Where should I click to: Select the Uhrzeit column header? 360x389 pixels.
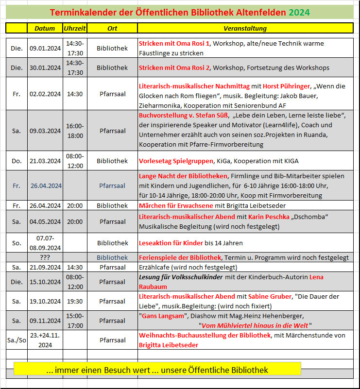[x=75, y=28]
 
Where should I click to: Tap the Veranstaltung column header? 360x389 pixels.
[x=245, y=28]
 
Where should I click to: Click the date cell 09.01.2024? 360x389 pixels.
[x=45, y=48]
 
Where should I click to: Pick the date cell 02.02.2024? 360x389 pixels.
[x=45, y=94]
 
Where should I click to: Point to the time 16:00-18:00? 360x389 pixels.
[x=75, y=131]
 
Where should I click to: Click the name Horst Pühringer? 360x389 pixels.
[x=290, y=86]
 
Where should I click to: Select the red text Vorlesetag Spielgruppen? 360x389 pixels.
[x=176, y=161]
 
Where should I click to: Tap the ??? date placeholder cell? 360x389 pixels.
[x=45, y=257]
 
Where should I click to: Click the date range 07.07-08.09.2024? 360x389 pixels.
[x=45, y=243]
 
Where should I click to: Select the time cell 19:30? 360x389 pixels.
[x=75, y=301]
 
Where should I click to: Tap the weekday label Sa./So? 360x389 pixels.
[x=17, y=340]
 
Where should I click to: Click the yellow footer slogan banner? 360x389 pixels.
[x=157, y=370]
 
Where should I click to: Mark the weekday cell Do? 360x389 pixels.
[x=17, y=161]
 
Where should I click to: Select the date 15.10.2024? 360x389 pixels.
[x=45, y=282]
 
